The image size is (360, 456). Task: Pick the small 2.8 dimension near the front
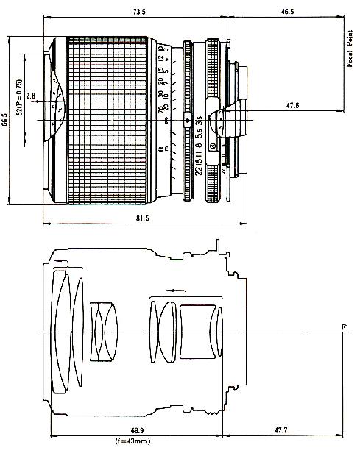(31, 96)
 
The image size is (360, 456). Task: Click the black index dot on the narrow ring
(187, 120)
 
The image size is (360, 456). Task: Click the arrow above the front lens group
(66, 264)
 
